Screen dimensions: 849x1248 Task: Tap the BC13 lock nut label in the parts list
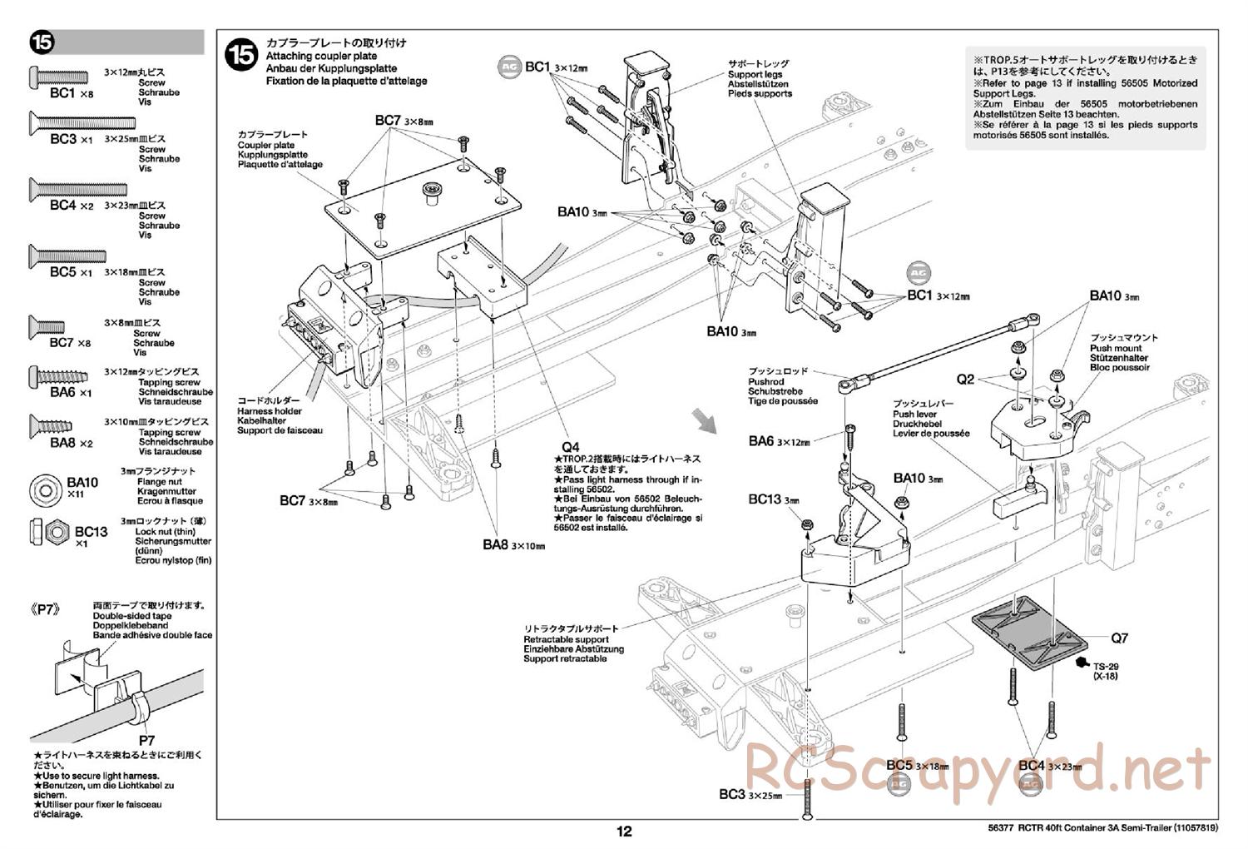point(91,532)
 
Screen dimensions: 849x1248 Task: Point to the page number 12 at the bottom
point(624,831)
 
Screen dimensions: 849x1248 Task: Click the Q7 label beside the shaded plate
point(1119,638)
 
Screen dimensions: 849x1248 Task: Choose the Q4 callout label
point(569,446)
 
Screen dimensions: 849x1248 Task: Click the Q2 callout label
point(965,380)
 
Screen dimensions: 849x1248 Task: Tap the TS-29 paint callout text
point(1105,667)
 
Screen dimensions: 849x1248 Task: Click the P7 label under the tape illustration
point(146,739)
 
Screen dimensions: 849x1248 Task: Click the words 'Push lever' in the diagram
point(914,414)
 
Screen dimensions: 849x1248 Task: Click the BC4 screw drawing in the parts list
point(78,190)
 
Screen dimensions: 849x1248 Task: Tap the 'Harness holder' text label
point(269,411)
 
